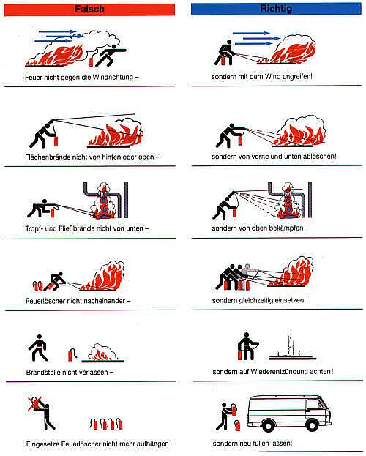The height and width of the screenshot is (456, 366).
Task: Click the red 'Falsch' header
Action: tap(89, 9)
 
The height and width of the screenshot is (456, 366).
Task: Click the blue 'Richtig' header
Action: tap(276, 9)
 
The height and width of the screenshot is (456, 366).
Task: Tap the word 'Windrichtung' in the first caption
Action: tap(113, 78)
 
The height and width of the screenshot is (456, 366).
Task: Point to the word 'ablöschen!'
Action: tap(318, 156)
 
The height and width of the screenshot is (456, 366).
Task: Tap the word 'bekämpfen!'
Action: tap(288, 228)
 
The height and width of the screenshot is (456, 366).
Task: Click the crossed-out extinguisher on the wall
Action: tap(35, 403)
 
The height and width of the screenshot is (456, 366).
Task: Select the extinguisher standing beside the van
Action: tap(238, 425)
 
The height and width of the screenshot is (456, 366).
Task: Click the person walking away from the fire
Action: tap(39, 348)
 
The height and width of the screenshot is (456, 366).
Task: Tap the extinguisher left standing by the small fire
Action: tap(71, 354)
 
